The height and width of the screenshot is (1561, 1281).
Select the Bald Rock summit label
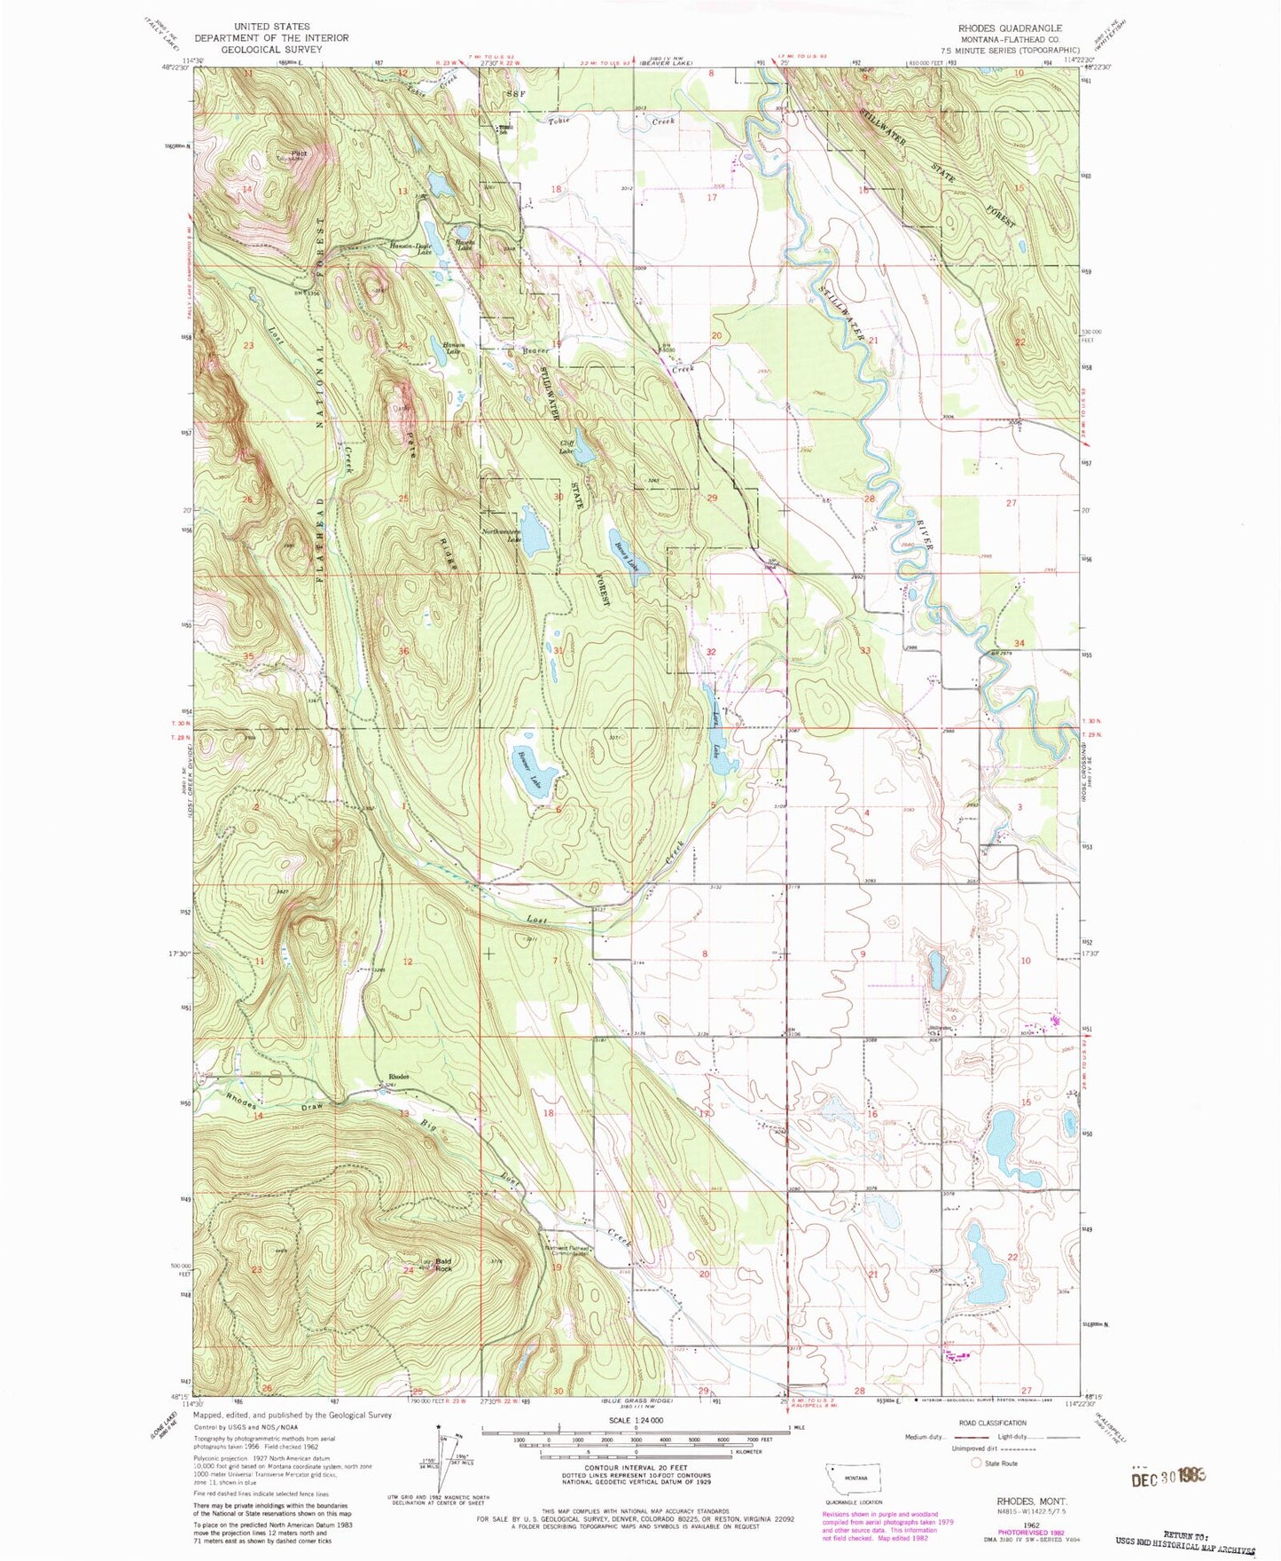(443, 1265)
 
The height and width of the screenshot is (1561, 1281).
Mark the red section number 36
(404, 651)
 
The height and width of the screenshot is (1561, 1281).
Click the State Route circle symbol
(978, 1463)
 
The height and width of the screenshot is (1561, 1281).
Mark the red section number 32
(710, 651)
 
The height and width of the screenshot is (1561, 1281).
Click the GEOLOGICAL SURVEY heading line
(271, 50)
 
